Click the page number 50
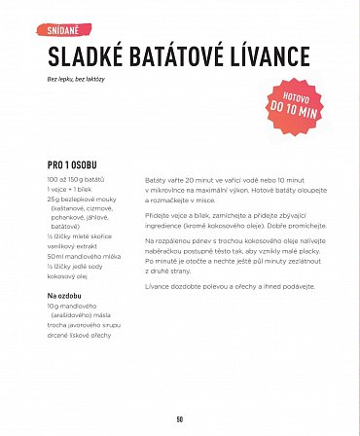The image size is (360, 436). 180,419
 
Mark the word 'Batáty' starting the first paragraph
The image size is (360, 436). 158,183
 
